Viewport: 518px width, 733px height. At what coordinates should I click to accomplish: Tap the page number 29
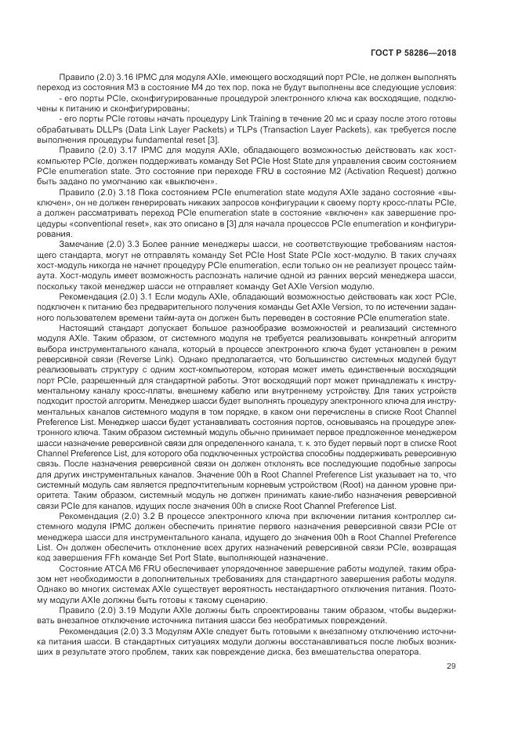pos(451,666)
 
